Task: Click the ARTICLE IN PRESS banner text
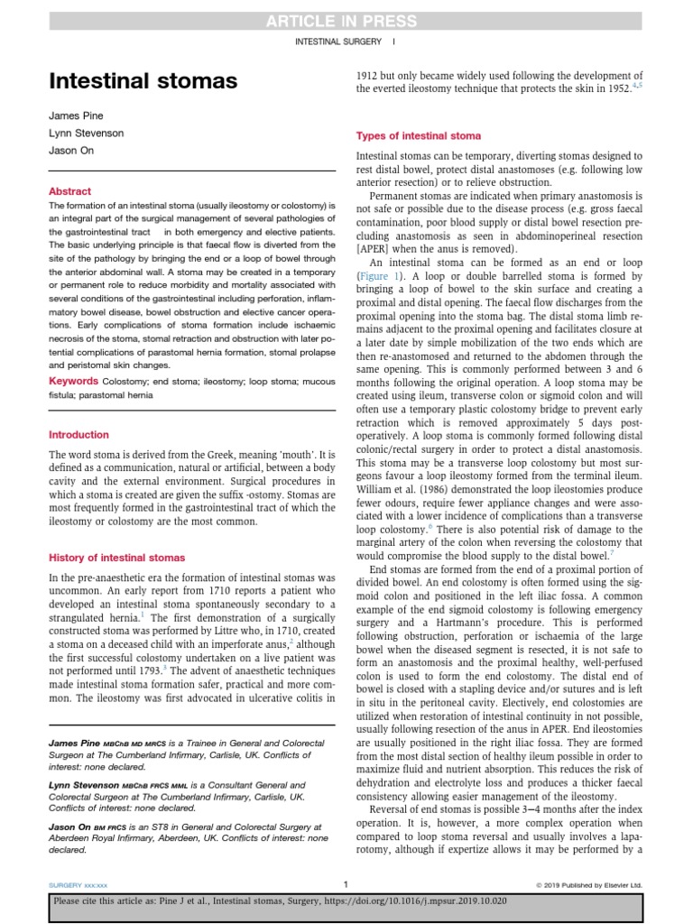tap(346, 21)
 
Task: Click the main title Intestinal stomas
tap(143, 82)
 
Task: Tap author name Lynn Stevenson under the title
tap(87, 134)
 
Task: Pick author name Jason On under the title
tap(70, 150)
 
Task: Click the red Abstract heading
tap(70, 191)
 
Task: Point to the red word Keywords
tap(74, 382)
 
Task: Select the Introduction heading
tap(79, 435)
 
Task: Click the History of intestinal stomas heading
tap(116, 558)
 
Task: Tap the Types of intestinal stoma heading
tap(419, 136)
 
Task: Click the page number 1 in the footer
tap(346, 883)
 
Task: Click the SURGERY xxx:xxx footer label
tap(78, 884)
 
